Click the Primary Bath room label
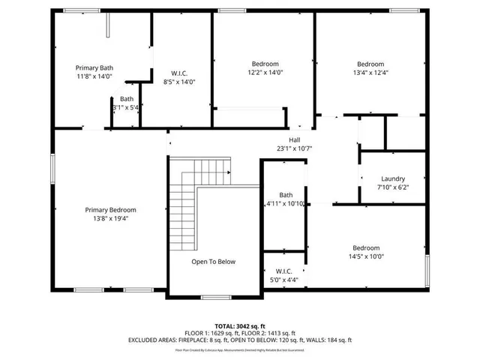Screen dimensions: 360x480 click(94, 67)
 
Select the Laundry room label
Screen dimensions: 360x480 click(393, 178)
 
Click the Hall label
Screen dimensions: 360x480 click(294, 139)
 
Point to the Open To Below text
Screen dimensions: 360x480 click(213, 262)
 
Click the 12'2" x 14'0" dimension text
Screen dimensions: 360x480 click(265, 73)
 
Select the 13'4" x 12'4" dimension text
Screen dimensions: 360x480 click(370, 73)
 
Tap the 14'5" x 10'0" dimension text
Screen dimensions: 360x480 click(367, 256)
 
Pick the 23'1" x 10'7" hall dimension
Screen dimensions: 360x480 click(294, 148)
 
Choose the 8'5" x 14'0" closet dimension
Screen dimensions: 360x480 click(179, 82)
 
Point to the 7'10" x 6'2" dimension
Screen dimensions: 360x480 click(393, 187)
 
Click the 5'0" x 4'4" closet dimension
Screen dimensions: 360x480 click(283, 280)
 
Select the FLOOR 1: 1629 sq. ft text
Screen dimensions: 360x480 click(211, 332)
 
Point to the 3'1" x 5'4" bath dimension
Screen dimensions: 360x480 click(127, 108)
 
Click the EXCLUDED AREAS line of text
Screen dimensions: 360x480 click(239, 340)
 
